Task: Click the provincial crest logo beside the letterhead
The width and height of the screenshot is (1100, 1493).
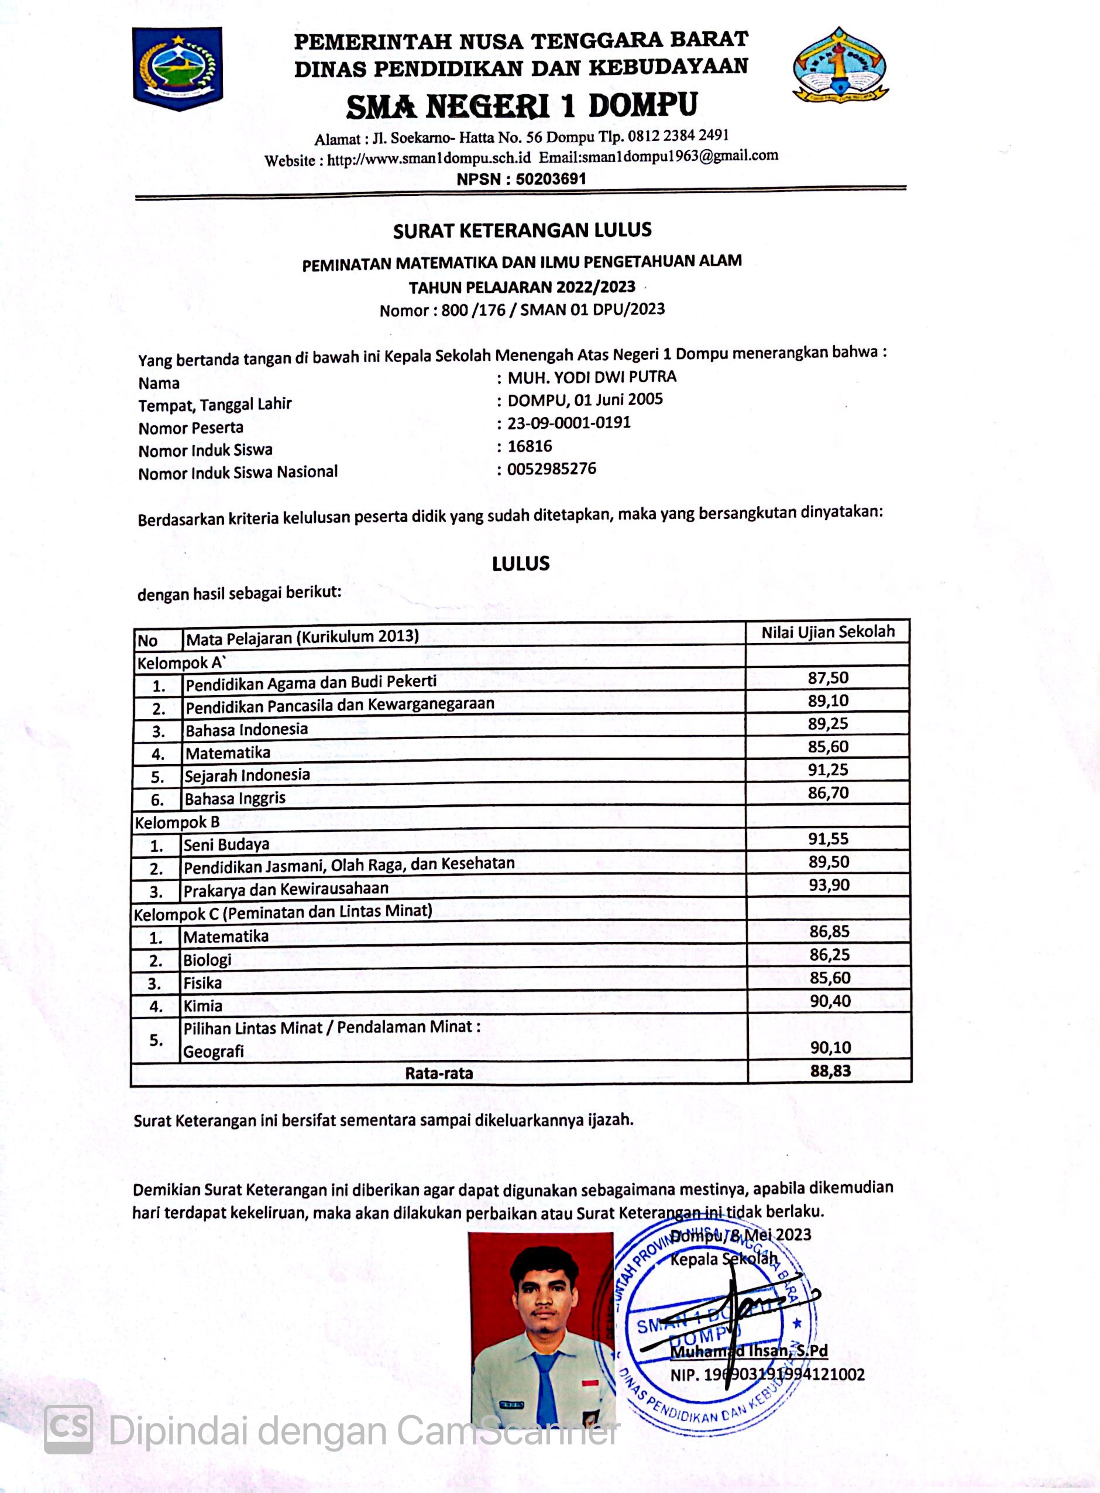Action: coord(177,68)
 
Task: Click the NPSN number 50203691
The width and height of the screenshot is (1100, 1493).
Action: coord(550,178)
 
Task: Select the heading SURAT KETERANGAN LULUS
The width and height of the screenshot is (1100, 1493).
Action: coord(522,231)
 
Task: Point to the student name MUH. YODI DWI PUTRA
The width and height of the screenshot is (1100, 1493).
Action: coord(592,377)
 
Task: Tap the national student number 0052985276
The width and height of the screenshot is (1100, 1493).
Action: coord(551,469)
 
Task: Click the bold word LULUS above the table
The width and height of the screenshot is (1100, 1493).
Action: coord(521,564)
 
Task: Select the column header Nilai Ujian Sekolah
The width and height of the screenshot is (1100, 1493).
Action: coord(828,632)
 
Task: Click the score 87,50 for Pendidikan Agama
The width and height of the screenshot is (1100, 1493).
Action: coord(828,677)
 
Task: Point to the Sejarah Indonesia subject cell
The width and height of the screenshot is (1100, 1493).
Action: coord(247,775)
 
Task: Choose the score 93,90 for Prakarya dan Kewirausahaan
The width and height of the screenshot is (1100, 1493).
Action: coord(829,885)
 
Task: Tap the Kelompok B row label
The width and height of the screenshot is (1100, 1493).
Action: coord(177,822)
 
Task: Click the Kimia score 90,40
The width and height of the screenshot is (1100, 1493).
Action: coord(830,1000)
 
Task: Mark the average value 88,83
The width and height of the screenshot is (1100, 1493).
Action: coord(830,1071)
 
